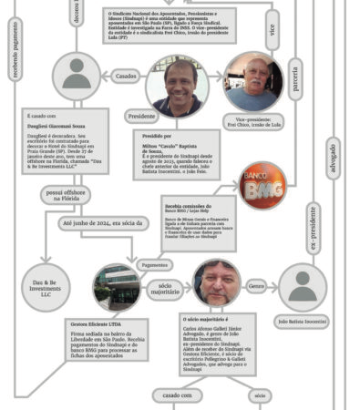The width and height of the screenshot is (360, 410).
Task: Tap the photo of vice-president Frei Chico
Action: (252, 82)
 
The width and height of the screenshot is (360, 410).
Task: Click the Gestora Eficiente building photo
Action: (117, 288)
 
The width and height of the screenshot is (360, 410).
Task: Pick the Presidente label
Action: (142, 117)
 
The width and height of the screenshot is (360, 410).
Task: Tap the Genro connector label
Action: (256, 286)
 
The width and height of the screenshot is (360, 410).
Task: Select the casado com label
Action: (177, 395)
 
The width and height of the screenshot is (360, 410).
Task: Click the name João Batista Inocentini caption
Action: (302, 321)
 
